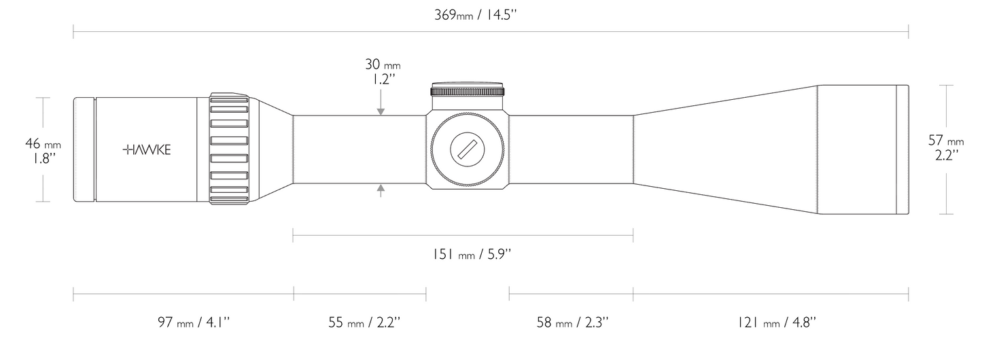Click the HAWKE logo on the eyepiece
coord(147,149)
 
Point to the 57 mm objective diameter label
coord(945,141)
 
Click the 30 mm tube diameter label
coord(383,65)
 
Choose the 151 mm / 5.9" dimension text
coord(472,255)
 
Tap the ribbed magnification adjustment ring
coord(229,149)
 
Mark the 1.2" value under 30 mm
coord(383,79)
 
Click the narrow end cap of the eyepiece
coord(84,149)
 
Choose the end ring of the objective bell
coord(902,150)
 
